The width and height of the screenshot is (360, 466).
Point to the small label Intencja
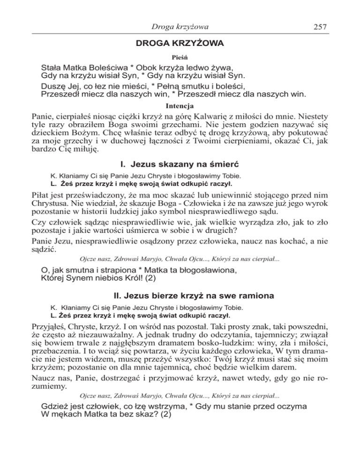pyautogui.click(x=180, y=106)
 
